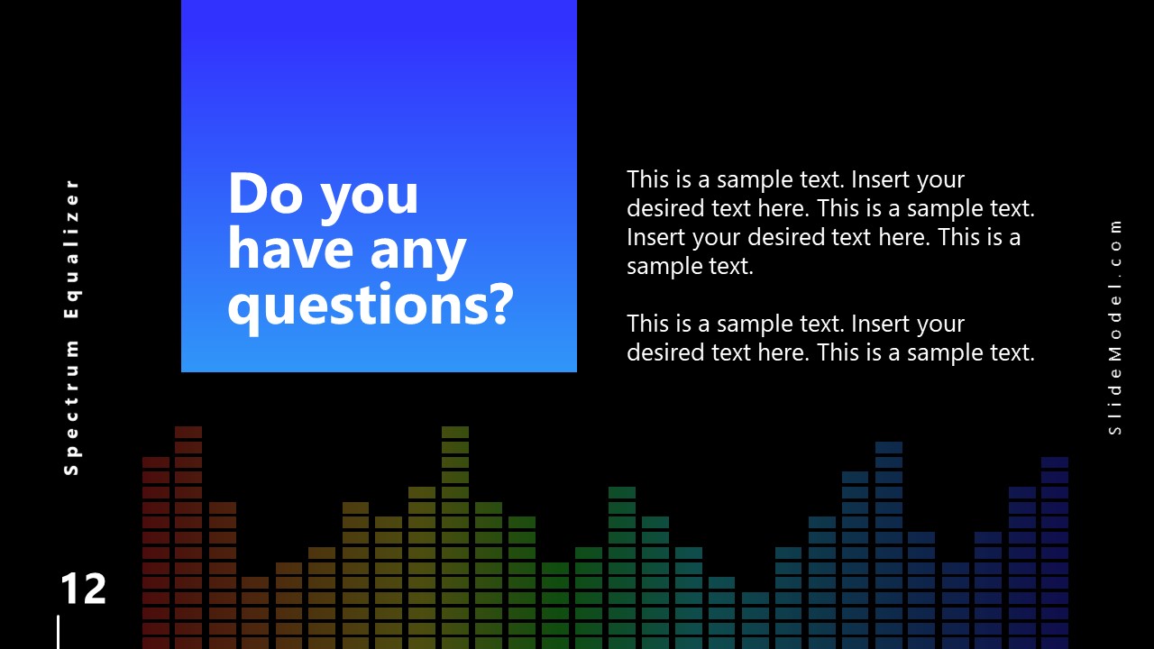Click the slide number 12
pos(83,590)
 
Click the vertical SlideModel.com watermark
pos(1115,326)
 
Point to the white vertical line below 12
pos(59,632)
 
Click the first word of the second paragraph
pos(646,324)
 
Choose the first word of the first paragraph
pos(646,179)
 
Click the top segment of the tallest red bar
pos(188,433)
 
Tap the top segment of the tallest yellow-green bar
pos(455,433)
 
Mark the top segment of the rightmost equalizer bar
pos(1055,462)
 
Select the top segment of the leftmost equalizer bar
pos(156,462)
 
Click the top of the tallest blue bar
pos(889,447)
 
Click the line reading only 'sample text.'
pos(690,266)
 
